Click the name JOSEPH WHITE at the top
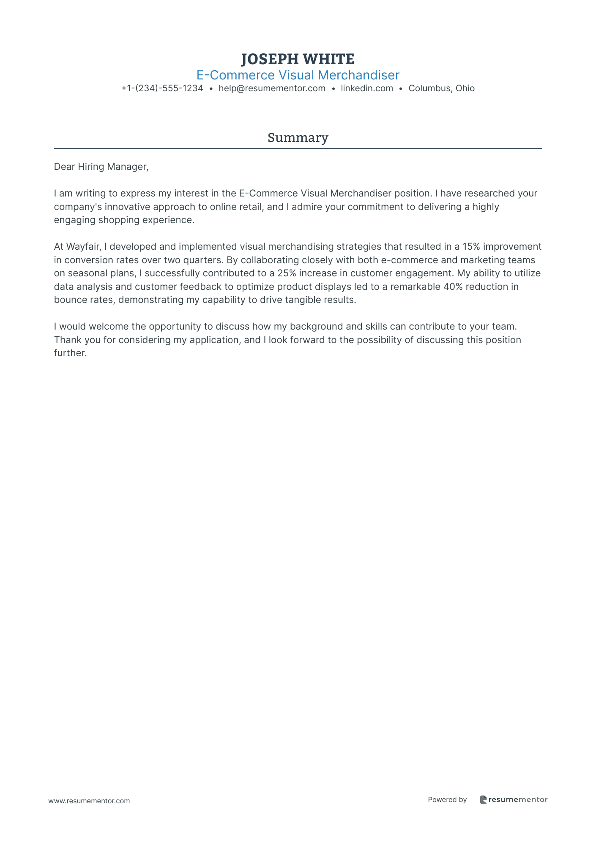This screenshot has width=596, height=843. tap(298, 59)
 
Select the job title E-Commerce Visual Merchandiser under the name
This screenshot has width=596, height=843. tap(298, 75)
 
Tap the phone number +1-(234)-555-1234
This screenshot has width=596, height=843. tap(162, 89)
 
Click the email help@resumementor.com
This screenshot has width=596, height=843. tap(272, 89)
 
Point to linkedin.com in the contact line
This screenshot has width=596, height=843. tap(367, 89)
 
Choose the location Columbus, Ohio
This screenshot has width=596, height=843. tap(441, 89)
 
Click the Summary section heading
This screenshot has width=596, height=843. tap(298, 138)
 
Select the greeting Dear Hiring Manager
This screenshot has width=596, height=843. tap(101, 167)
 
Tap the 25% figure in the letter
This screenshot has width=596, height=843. tap(287, 273)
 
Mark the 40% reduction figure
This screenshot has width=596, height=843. tap(453, 287)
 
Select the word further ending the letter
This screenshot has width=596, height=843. tap(70, 353)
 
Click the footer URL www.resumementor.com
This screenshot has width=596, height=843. tap(89, 801)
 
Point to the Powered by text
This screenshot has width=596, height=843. tap(447, 799)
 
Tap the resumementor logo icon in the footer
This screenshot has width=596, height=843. tap(484, 799)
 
